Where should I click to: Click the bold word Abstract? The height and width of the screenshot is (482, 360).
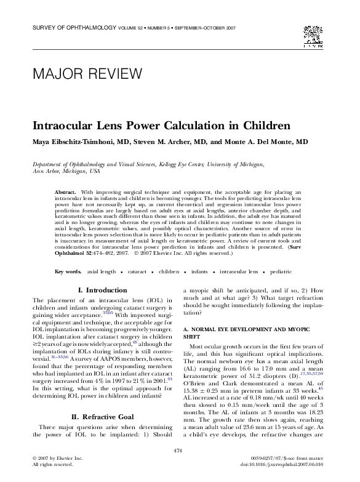click(65, 193)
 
